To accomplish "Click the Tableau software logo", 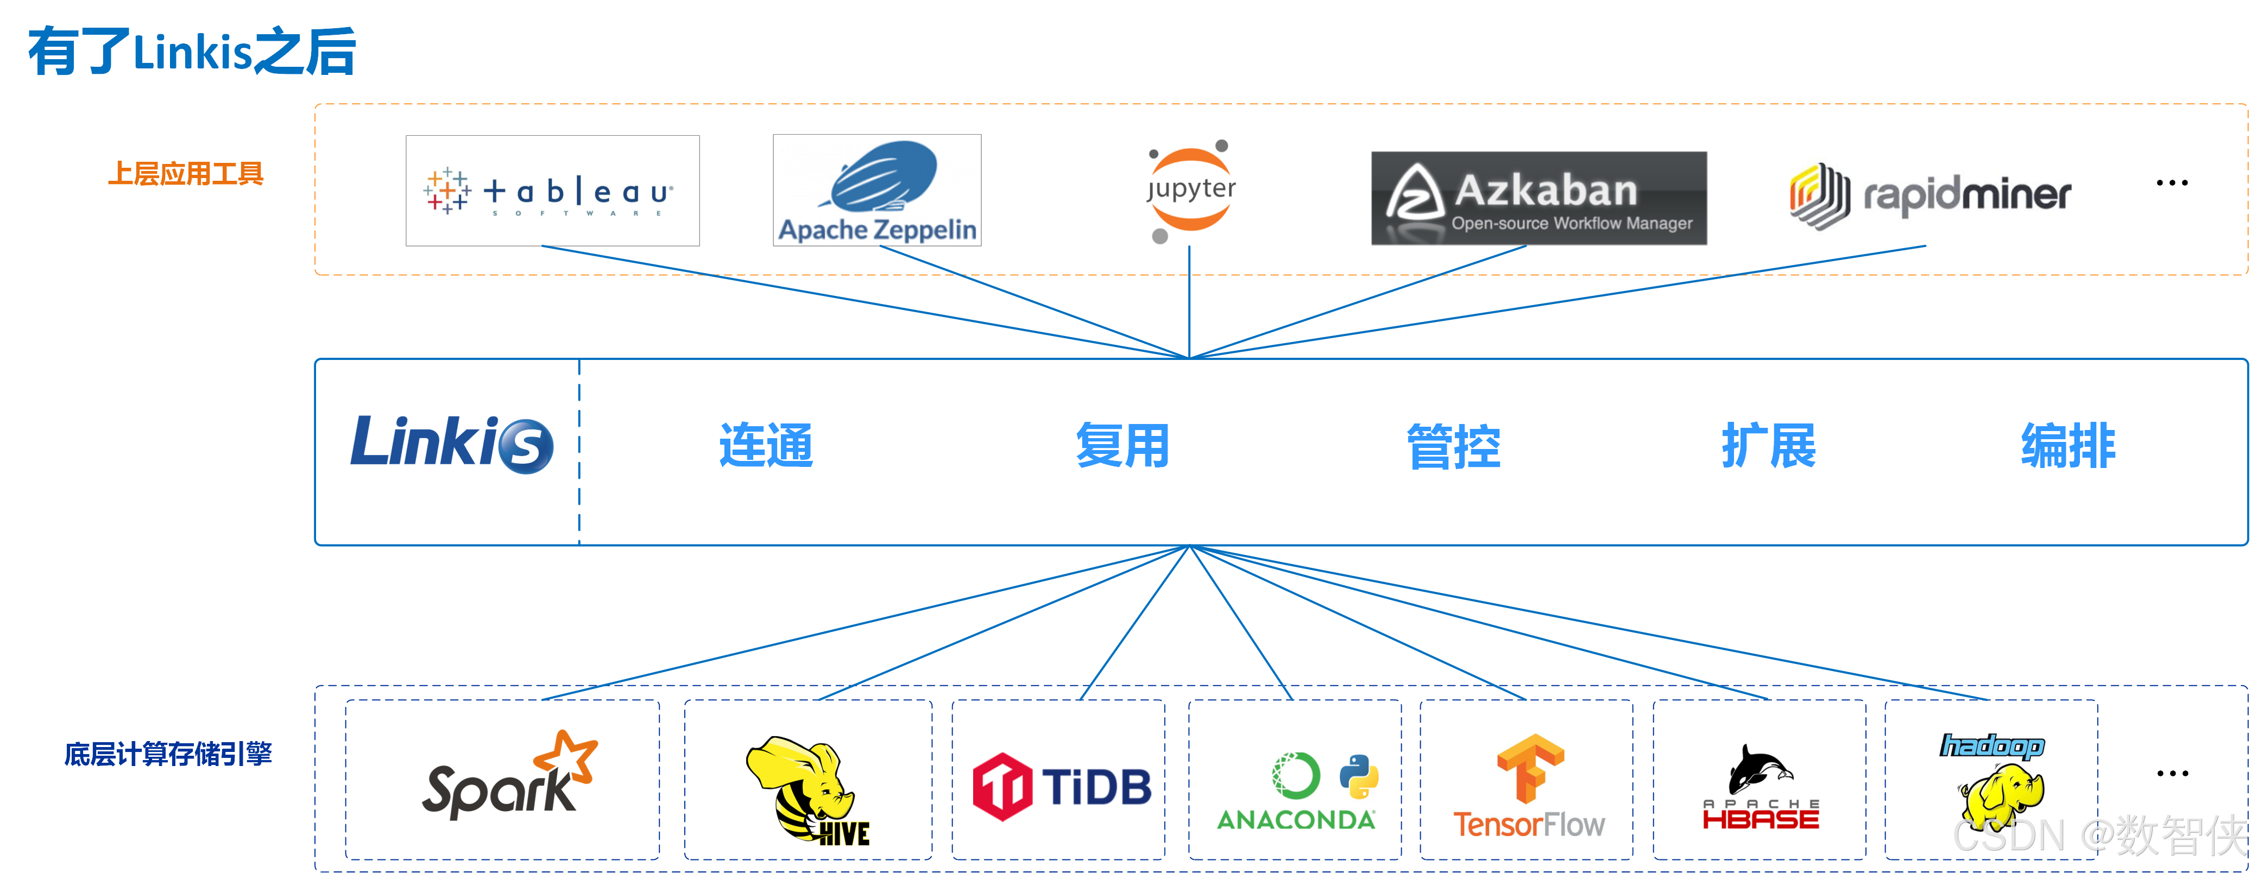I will click(x=552, y=191).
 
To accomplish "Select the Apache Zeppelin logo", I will click(x=878, y=191).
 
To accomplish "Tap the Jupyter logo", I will click(x=1190, y=189).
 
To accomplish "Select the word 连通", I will click(x=766, y=446).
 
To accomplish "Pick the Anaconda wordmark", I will click(x=1296, y=820).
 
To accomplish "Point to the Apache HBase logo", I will click(x=1761, y=787).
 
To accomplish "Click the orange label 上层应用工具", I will click(x=185, y=174).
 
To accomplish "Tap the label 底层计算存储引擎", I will click(x=168, y=753).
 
